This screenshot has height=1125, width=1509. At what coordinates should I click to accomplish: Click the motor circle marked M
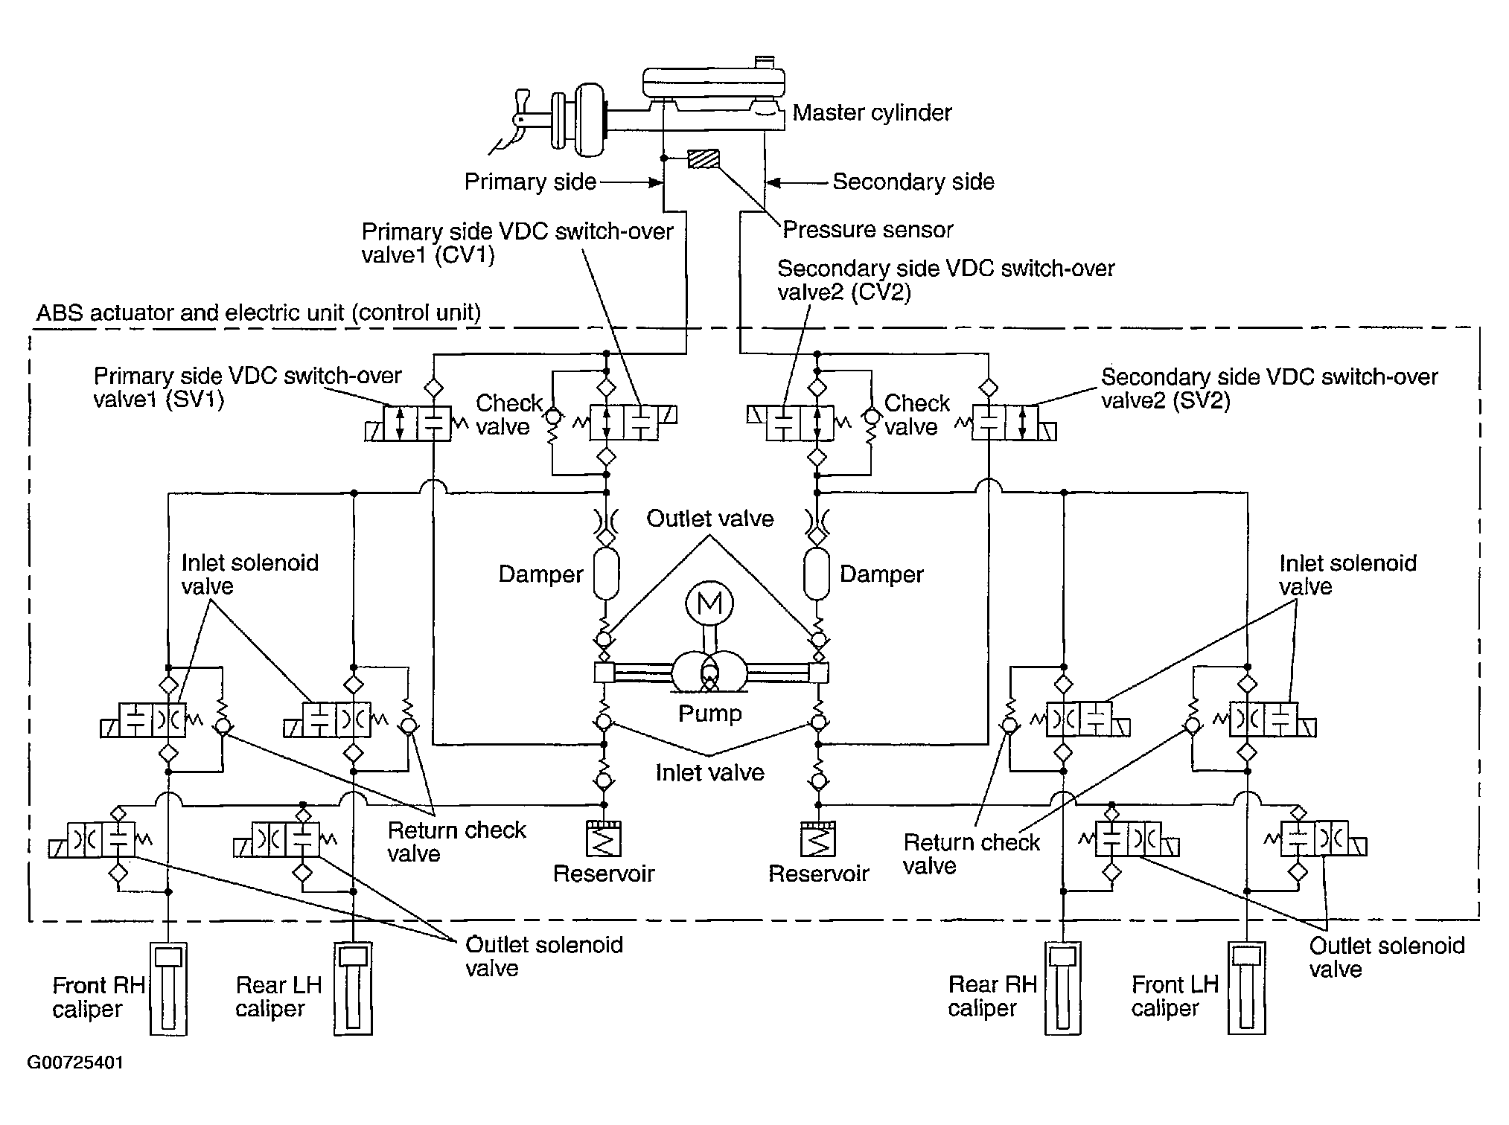[x=709, y=603]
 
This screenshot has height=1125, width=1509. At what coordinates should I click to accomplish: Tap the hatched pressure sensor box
[x=704, y=159]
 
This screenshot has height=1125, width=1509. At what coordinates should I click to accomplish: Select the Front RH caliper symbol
[x=168, y=989]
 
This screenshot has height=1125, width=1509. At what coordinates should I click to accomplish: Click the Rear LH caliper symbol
[x=354, y=989]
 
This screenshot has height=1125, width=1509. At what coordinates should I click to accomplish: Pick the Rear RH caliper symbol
[x=1063, y=989]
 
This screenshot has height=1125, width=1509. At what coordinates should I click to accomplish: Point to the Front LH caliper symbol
[x=1247, y=989]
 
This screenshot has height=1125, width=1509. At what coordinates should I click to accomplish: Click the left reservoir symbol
[x=604, y=839]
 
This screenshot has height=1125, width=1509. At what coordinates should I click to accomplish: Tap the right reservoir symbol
[x=818, y=839]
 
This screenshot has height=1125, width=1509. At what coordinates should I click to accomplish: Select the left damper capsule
[x=606, y=573]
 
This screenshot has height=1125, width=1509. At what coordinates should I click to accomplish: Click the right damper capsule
[x=817, y=573]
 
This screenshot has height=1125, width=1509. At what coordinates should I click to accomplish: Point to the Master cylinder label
[x=872, y=113]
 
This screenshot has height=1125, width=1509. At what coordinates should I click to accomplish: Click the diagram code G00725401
[x=75, y=1062]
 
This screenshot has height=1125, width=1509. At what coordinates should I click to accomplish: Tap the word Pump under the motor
[x=709, y=714]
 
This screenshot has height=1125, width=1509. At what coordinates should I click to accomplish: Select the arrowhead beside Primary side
[x=656, y=182]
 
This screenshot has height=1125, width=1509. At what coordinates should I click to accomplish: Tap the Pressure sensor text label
[x=867, y=230]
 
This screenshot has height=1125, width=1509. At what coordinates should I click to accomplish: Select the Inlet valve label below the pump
[x=709, y=773]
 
